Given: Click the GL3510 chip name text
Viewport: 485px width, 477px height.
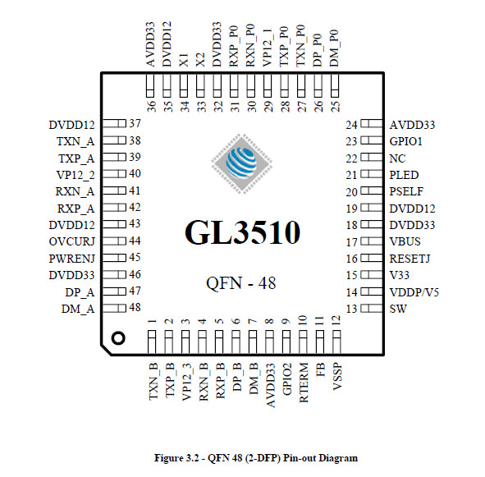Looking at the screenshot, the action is pos(243,232).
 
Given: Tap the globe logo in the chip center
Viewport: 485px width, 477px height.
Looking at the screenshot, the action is pos(241,163).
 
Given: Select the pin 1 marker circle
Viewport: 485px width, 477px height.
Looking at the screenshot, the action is pos(118,337).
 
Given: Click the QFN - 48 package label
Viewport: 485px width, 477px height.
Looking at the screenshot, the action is pos(241,283).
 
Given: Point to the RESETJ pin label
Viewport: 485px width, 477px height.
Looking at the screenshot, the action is pos(410,259).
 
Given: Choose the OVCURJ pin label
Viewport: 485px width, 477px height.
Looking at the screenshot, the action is pos(71,241).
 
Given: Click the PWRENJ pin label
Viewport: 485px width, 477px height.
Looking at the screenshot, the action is pos(71,259).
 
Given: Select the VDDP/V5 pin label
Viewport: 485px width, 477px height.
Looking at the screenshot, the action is pos(414,292).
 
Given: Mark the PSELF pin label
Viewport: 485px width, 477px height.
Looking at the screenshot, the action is pos(406,191).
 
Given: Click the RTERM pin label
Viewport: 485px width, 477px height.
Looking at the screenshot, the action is pos(304,383).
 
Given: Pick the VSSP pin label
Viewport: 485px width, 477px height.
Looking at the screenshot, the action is pos(337,376).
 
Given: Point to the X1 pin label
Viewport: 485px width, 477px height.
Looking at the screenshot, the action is pos(184,60).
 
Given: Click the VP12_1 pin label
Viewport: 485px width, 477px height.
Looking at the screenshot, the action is pos(268,48).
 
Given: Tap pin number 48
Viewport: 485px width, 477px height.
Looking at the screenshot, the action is pos(135,307).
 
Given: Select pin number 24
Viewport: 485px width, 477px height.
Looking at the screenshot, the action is pos(352,125).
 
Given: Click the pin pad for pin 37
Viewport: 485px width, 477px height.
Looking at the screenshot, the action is pos(114,123).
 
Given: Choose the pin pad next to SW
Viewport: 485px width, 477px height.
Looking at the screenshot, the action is pos(372,309).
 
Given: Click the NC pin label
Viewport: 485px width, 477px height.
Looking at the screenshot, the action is pos(397,158).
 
